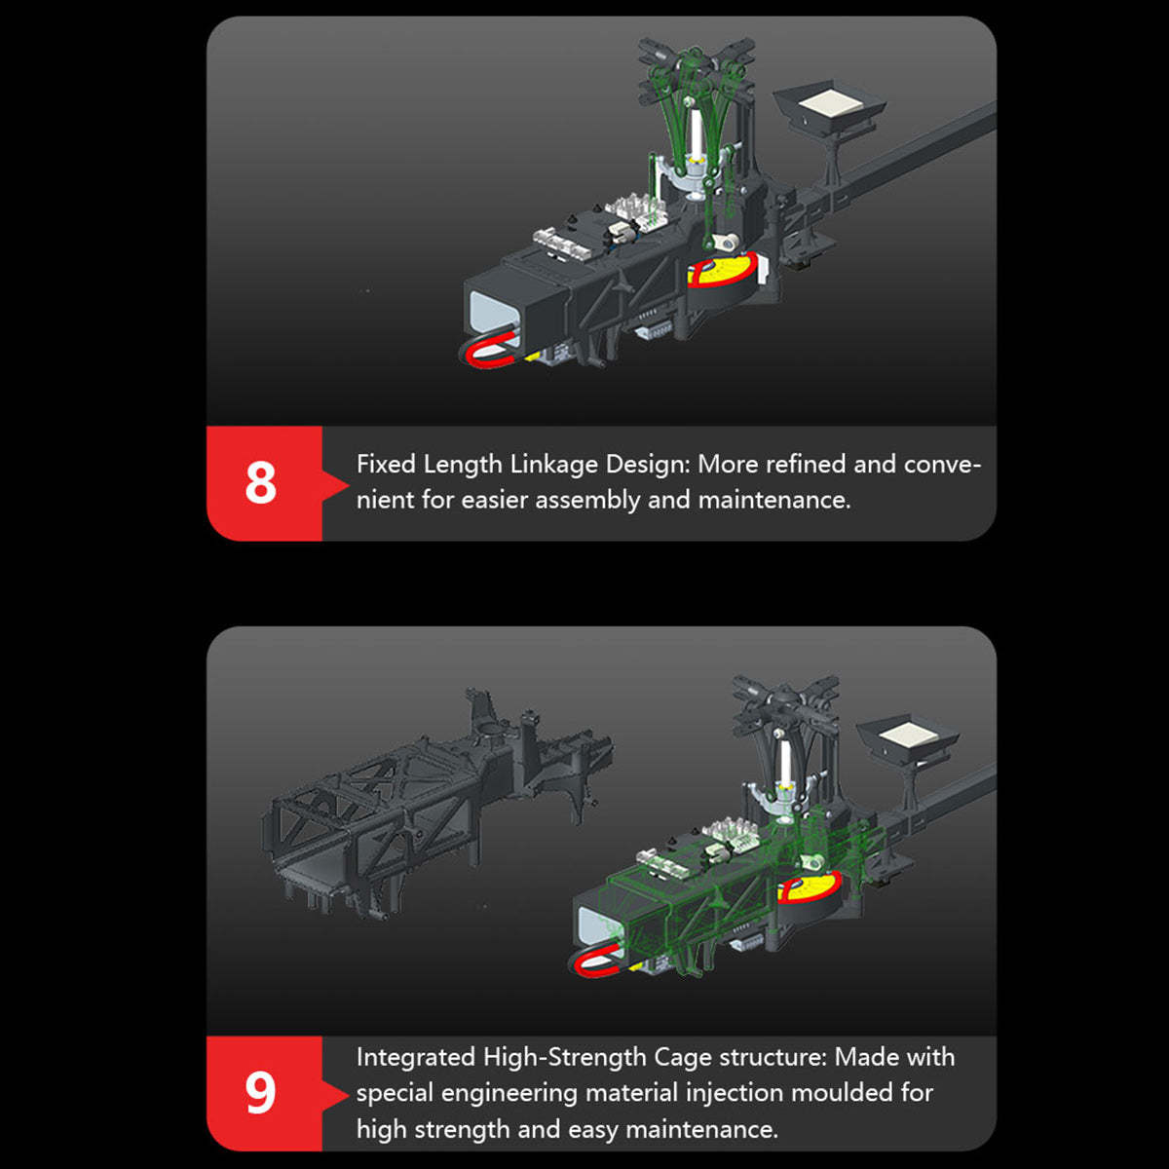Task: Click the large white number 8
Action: pos(261,483)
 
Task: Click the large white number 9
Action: pos(261,1093)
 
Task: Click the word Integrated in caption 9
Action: pos(416,1058)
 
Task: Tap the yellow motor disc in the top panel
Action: pos(725,271)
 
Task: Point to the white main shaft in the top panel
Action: pos(697,132)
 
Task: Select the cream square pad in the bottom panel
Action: pos(910,735)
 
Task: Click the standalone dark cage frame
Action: pos(436,803)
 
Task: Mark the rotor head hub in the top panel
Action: pos(696,60)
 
